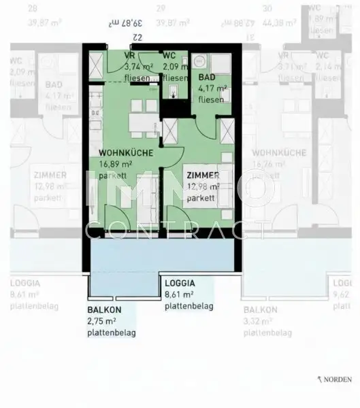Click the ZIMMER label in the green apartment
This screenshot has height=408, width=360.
[x=203, y=175]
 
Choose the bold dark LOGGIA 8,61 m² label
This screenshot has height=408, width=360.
[x=180, y=283]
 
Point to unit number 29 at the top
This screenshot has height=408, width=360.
[x=161, y=9]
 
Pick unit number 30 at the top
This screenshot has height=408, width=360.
[x=267, y=9]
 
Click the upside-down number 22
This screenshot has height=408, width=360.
[x=136, y=35]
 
